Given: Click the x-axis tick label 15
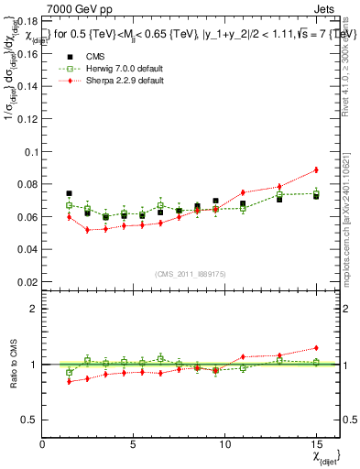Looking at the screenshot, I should pos(315,442).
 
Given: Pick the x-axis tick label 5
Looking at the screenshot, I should pos(134,442).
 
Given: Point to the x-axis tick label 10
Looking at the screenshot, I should pos(224,442).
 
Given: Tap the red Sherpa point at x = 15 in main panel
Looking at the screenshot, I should pos(316,169).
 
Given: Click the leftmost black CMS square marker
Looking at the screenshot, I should pos(70,193).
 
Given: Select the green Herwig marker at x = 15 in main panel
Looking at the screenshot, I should pos(316,193).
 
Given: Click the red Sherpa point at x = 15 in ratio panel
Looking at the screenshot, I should pos(316,348).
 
